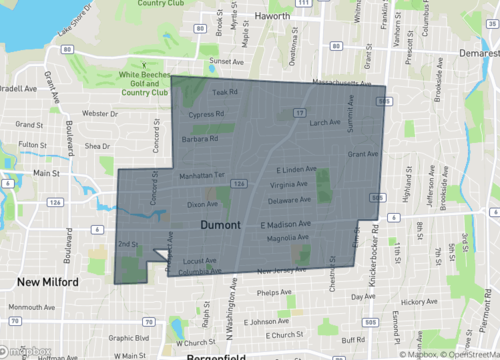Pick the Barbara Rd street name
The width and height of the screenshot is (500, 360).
[200, 140]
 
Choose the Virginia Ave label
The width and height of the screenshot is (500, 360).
[289, 185]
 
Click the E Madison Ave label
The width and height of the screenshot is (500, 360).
[286, 224]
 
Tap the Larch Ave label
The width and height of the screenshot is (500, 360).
[326, 123]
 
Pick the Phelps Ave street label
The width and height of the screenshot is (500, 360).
[274, 293]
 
